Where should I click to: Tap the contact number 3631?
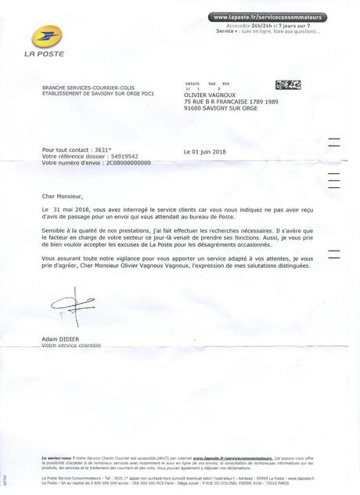click(x=104, y=149)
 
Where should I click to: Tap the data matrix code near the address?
click(x=286, y=84)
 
